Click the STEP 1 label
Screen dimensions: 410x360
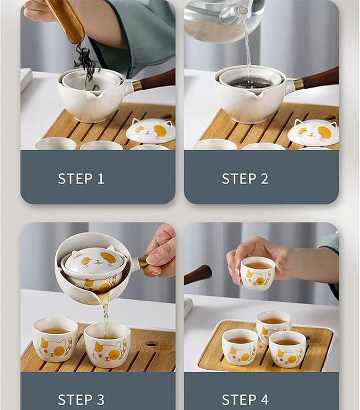point(81,179)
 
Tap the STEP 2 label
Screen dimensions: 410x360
point(245,179)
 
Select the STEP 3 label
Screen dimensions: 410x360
point(81,399)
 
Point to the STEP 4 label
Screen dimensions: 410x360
point(245,399)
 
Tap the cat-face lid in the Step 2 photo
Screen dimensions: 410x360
point(313,132)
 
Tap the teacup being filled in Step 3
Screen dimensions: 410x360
point(108,345)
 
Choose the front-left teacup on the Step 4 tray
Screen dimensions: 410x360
point(240,347)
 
